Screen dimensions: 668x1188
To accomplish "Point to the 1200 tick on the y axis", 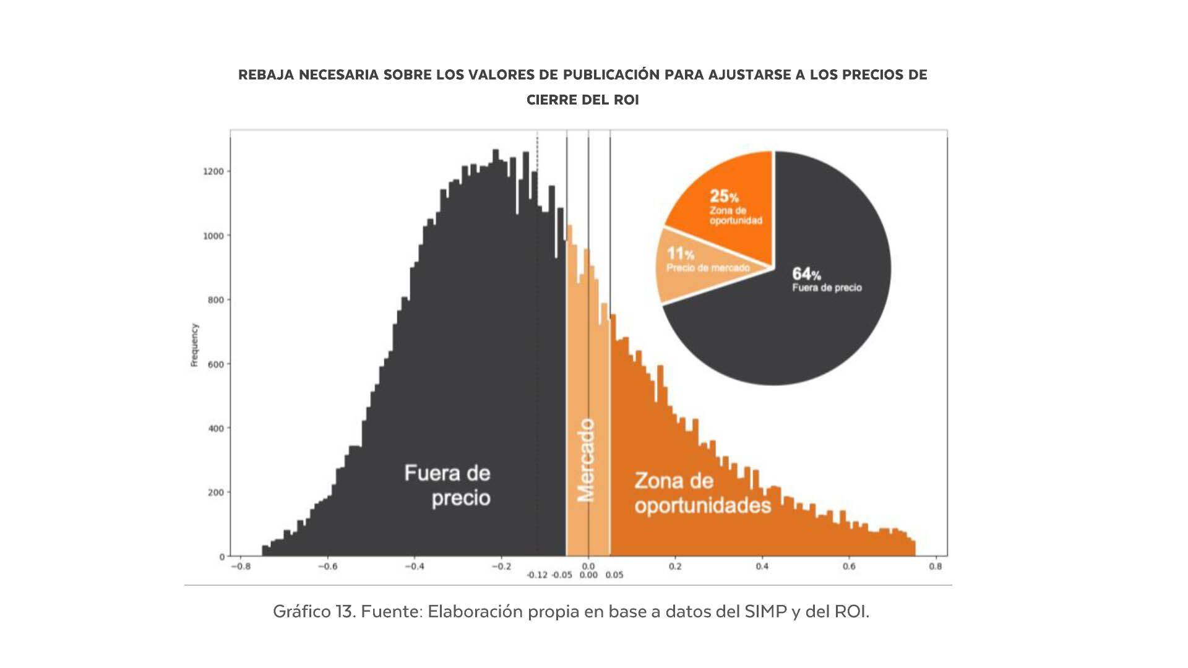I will tap(214, 171).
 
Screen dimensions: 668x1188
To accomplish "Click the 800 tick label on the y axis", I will tap(216, 300).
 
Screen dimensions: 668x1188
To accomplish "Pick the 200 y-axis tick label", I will tap(216, 492).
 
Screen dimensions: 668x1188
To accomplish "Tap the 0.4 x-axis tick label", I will tap(762, 566).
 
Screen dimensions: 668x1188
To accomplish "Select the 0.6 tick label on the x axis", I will tap(849, 566).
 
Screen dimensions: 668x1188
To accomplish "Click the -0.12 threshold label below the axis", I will tap(537, 575).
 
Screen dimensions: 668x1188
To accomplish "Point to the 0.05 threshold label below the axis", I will tap(614, 575).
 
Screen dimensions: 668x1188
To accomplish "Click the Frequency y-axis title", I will tap(194, 345).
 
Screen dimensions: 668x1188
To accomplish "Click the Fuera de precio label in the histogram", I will tap(448, 486).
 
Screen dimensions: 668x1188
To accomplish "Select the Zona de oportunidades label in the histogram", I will tap(703, 493).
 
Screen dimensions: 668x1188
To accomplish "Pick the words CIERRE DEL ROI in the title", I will tap(582, 100).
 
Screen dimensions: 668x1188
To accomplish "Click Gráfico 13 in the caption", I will tap(313, 612).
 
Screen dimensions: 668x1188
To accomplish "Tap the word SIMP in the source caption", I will tap(765, 612).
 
